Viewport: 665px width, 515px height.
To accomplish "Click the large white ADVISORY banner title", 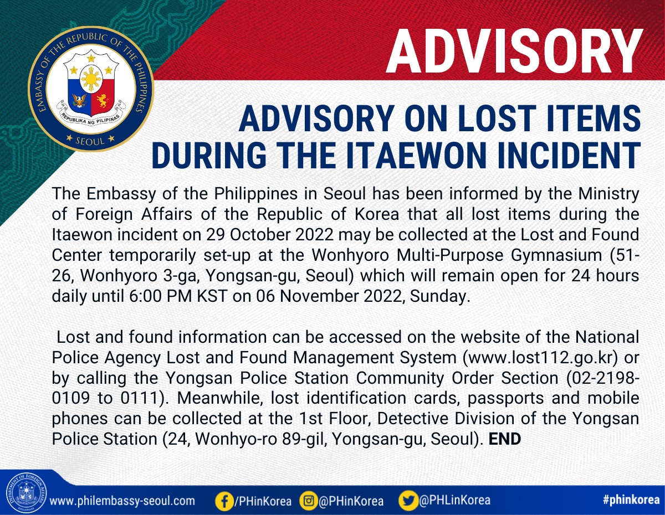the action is [x=514, y=51].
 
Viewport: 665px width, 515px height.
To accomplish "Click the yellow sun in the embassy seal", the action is [x=91, y=79].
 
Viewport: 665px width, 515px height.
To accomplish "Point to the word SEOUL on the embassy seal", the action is [x=90, y=141].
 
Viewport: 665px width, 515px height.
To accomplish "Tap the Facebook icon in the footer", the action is [x=224, y=501].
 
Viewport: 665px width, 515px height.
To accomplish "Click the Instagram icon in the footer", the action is [x=308, y=500].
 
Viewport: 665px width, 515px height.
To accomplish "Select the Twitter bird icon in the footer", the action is [x=408, y=500].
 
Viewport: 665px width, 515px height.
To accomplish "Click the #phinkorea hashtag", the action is [x=631, y=499].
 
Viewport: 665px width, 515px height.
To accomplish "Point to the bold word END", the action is [x=505, y=439].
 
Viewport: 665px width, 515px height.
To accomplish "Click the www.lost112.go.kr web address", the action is [x=540, y=357].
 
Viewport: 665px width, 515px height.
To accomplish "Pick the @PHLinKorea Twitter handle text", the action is [x=455, y=499].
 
